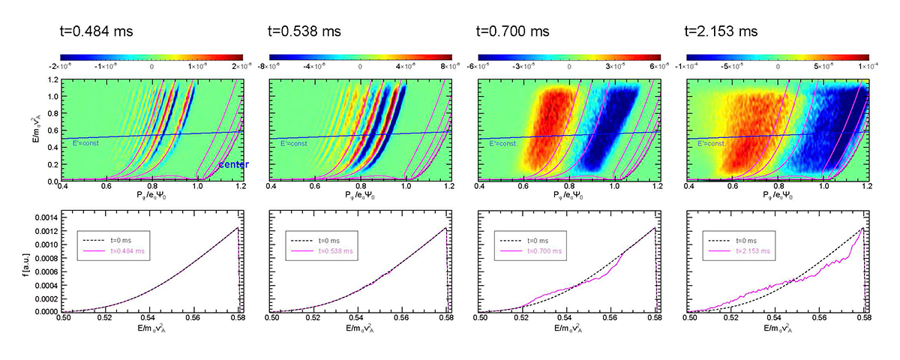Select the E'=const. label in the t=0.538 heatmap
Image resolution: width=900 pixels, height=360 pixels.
pos(295,142)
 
